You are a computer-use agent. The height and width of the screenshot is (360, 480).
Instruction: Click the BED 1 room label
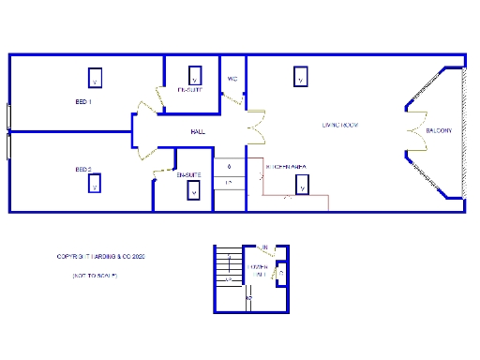pos(83,101)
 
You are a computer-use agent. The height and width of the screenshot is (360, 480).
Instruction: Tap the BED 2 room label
pos(83,170)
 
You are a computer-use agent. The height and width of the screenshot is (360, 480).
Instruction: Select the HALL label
pos(197,132)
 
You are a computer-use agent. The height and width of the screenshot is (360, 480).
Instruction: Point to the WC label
pos(232,79)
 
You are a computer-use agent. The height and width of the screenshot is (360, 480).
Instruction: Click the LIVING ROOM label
pos(340,125)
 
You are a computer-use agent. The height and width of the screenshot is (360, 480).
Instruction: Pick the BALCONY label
pos(439,130)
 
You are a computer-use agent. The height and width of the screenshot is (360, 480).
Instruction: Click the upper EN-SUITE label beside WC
pos(190,90)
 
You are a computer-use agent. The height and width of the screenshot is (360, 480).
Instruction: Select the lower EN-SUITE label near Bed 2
pos(188,174)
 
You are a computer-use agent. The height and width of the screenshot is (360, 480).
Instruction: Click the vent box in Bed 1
pos(95,76)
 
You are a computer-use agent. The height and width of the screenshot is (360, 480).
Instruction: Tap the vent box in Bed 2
pos(95,183)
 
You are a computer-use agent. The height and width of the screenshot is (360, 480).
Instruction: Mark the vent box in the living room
pos(300,76)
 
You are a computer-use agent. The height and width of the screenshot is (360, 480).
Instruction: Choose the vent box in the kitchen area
pos(301,186)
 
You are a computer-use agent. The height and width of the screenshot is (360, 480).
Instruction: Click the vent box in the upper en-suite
pos(195,75)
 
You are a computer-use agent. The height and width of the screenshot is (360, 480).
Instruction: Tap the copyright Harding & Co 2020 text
pos(100,255)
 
